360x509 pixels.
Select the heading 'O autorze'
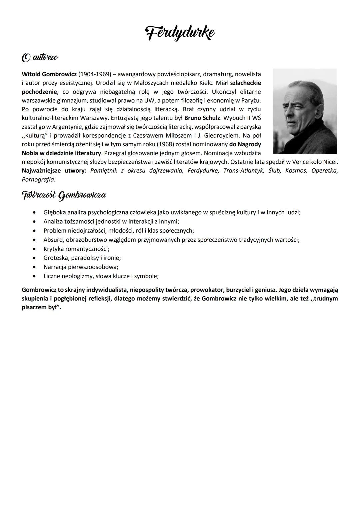coord(39,58)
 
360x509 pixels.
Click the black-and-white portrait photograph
coord(304,111)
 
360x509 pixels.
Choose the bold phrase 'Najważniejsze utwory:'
coord(52,171)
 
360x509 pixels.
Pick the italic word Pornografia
coord(38,180)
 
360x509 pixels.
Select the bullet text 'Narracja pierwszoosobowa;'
coord(81,267)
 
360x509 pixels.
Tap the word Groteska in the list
coord(55,258)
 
